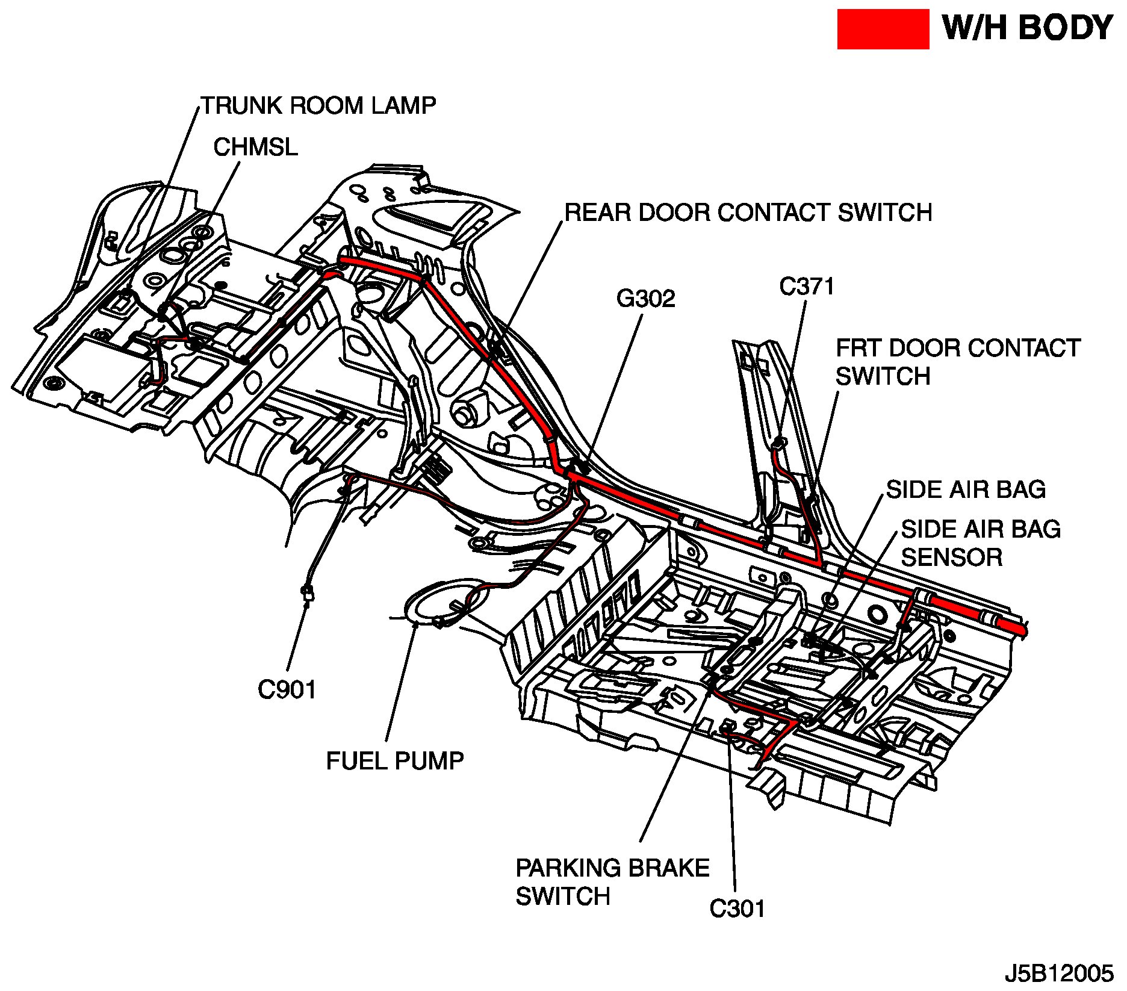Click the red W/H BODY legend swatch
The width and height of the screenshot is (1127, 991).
(x=883, y=29)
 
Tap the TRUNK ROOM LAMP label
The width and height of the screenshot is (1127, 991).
(x=318, y=105)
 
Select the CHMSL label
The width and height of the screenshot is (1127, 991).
(x=255, y=148)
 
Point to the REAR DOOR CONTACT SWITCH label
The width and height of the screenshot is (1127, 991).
(x=748, y=213)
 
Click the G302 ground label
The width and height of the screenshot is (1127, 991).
(x=646, y=299)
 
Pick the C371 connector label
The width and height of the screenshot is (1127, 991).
(x=807, y=287)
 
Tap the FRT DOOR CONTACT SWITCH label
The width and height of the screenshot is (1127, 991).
(x=957, y=362)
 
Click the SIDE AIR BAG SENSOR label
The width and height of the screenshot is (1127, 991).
(x=980, y=543)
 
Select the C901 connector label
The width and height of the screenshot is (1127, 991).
(x=287, y=690)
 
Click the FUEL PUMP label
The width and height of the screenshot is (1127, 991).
(x=395, y=761)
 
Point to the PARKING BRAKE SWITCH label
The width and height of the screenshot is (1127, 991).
(x=612, y=882)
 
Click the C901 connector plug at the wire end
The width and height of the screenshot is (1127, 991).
(x=308, y=594)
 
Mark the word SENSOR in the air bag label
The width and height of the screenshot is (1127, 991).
(x=952, y=558)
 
